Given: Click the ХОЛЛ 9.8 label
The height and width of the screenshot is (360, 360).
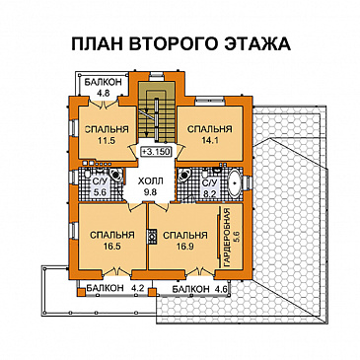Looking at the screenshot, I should tap(152, 186).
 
